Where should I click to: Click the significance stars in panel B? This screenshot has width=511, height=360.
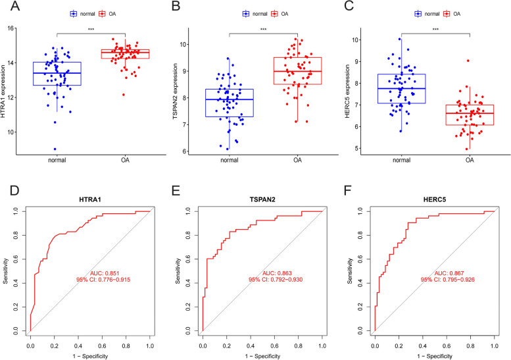[263, 30]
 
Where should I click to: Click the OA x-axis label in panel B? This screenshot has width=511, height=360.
[297, 159]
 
